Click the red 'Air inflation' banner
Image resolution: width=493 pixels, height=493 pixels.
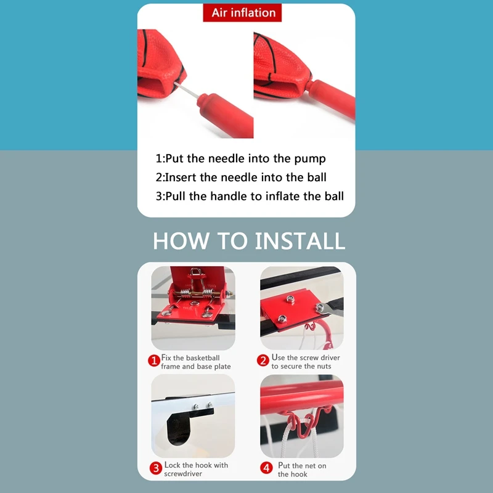tap(242, 13)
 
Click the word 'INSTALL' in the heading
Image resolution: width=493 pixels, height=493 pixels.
tap(300, 241)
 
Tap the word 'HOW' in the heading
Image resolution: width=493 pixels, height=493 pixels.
tap(181, 241)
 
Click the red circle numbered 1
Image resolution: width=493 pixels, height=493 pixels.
tap(154, 361)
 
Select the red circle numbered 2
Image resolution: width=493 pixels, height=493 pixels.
tap(263, 361)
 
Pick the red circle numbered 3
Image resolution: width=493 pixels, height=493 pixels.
tap(156, 468)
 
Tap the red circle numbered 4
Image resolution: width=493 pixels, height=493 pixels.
tap(266, 468)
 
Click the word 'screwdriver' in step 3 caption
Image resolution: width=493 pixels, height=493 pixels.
tap(183, 474)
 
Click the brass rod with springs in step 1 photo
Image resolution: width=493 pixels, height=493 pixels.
tap(202, 295)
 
